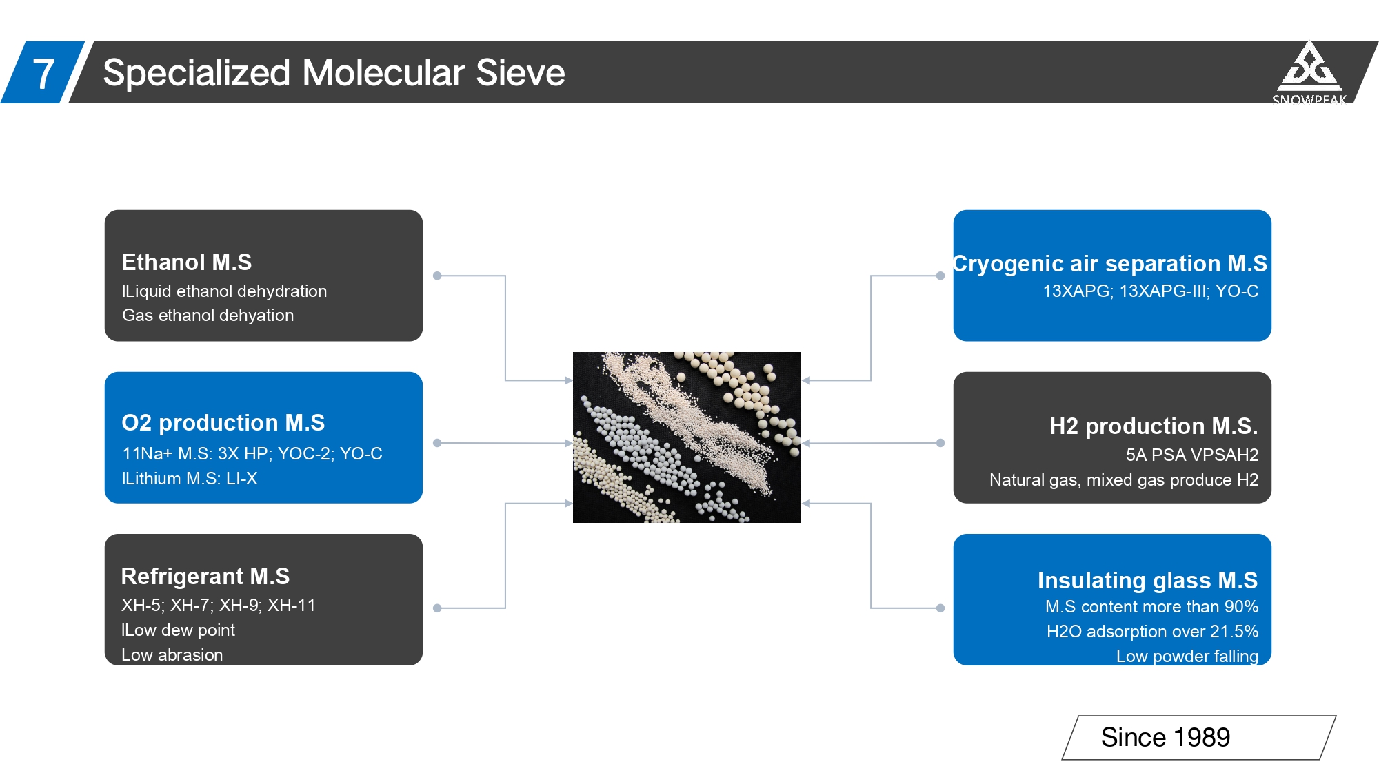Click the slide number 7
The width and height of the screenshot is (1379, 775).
(43, 73)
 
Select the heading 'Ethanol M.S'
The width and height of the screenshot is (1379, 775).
(187, 262)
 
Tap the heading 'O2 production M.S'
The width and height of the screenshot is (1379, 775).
(223, 422)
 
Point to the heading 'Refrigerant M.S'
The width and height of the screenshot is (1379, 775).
(205, 576)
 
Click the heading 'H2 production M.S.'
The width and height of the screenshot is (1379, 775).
(1153, 426)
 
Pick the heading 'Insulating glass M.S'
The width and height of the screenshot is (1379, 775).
(1147, 580)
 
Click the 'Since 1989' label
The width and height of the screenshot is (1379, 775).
(1165, 737)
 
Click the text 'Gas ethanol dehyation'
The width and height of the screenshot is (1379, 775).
(208, 316)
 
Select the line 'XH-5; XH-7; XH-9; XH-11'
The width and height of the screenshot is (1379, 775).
(218, 605)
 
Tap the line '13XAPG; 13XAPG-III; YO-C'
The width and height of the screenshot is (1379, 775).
(1150, 291)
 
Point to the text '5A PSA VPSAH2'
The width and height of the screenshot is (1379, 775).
(1191, 455)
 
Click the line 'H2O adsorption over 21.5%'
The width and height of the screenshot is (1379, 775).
(1152, 631)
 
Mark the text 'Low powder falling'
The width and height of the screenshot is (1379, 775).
(1187, 656)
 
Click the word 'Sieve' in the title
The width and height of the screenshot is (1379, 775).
(520, 73)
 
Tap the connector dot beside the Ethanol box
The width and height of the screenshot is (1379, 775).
(437, 276)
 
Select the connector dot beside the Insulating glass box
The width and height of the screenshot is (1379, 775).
(940, 608)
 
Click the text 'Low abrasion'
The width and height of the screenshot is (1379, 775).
(172, 654)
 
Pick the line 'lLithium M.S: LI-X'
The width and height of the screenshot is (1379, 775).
(189, 478)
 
